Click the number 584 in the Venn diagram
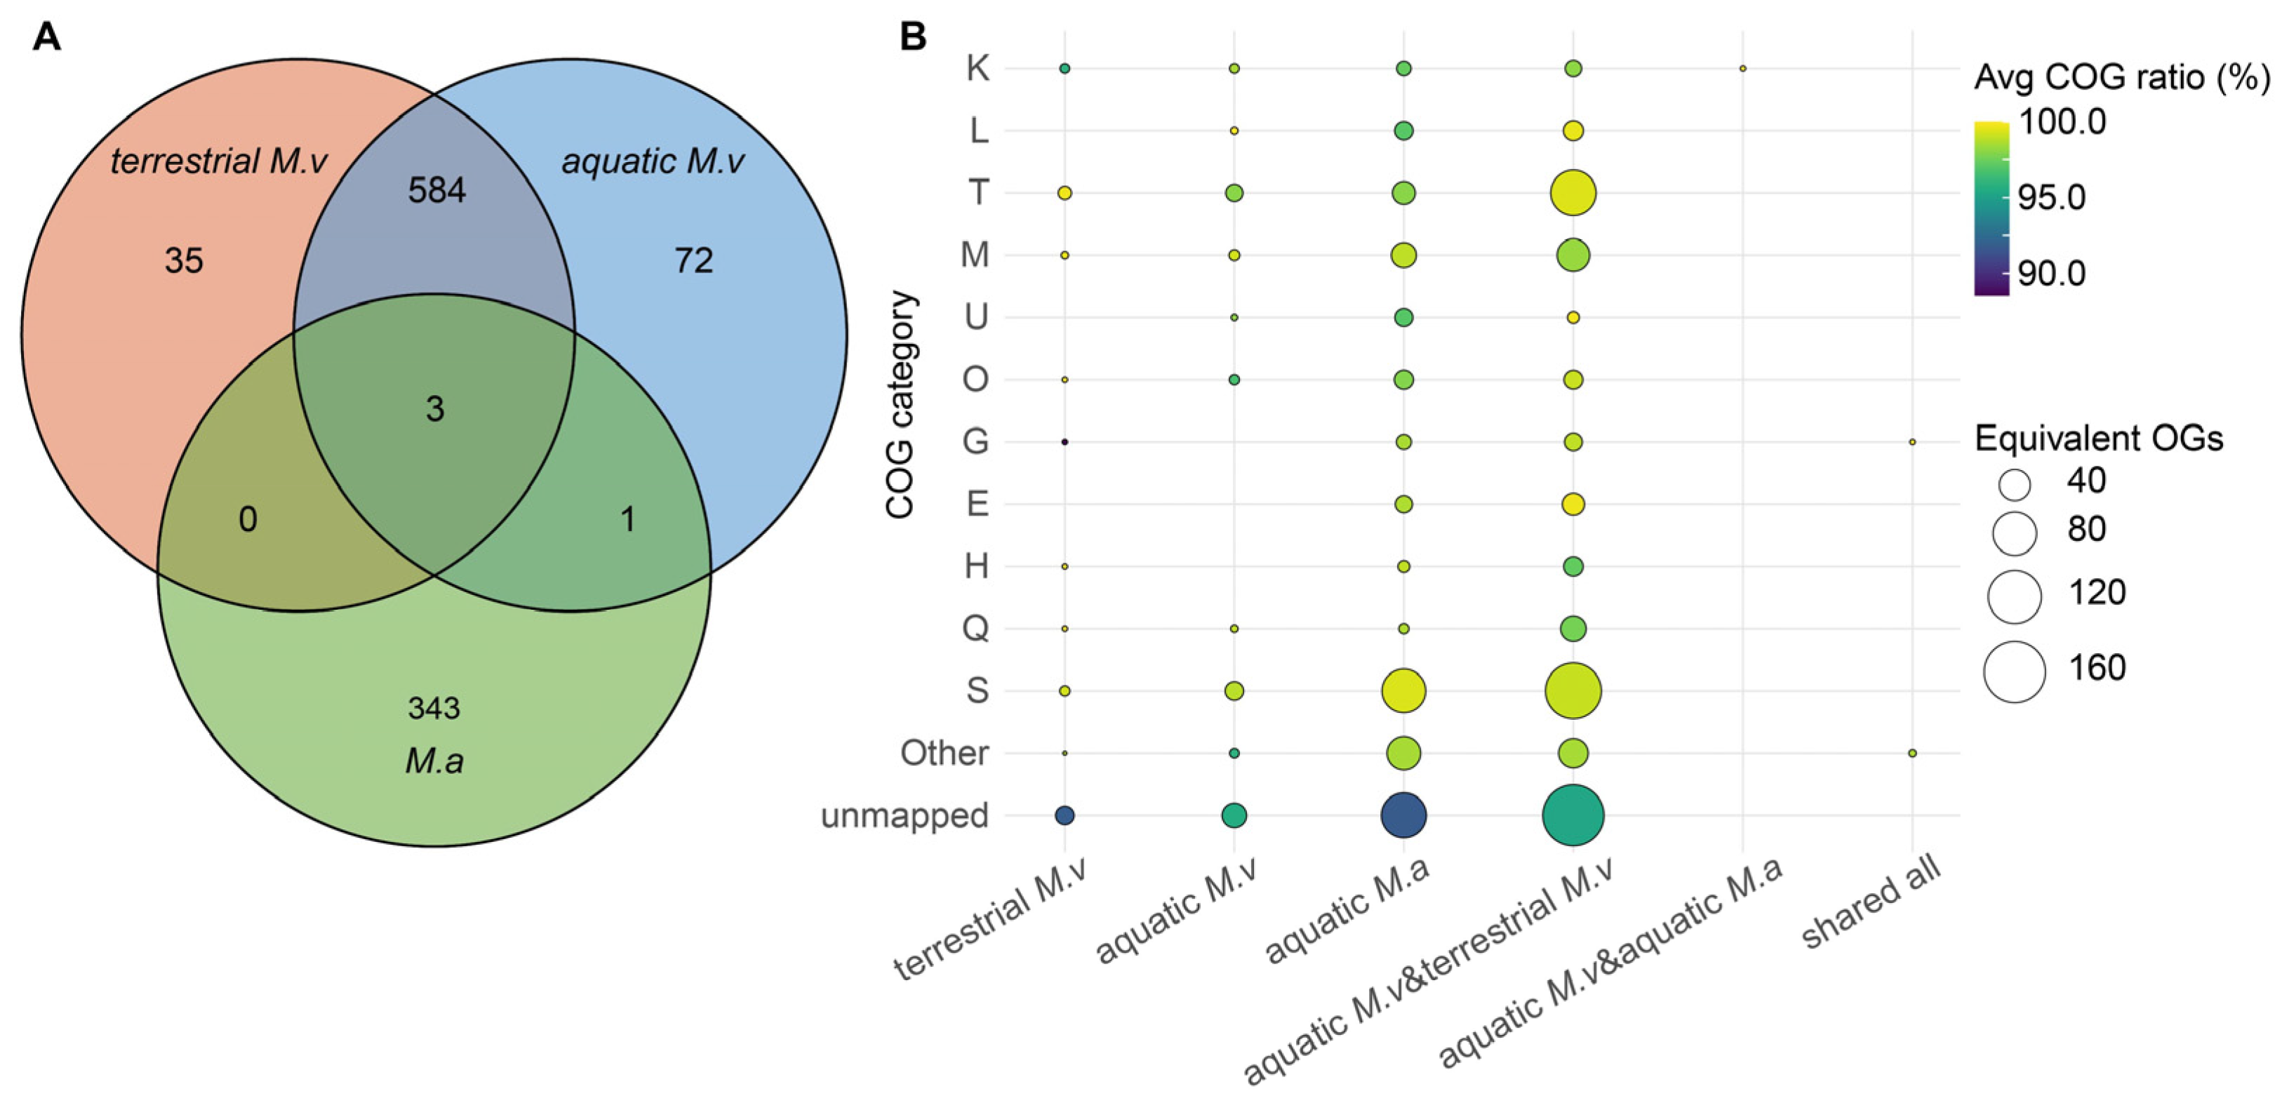click(436, 190)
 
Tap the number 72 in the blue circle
click(693, 260)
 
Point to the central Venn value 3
click(434, 409)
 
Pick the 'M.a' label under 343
click(434, 761)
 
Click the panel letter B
click(914, 37)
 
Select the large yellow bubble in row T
click(1573, 193)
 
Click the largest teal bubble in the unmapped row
click(1573, 815)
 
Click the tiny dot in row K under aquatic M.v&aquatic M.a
click(1742, 69)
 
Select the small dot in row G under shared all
click(1912, 442)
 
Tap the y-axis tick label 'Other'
click(944, 753)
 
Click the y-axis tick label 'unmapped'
click(905, 815)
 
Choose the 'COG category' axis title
click(900, 404)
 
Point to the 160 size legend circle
click(2015, 672)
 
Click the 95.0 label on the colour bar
click(2052, 197)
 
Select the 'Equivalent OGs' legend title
click(2099, 438)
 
